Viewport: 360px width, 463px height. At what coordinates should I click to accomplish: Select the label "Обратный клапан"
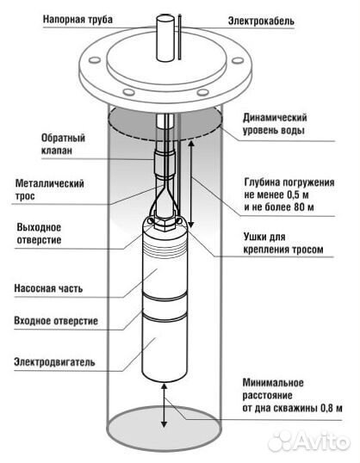[x=63, y=143]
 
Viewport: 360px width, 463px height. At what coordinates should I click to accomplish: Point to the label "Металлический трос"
[x=52, y=189]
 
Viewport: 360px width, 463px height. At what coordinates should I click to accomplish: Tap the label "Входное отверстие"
[x=55, y=321]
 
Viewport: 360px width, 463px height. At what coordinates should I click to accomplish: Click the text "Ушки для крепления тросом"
[x=282, y=243]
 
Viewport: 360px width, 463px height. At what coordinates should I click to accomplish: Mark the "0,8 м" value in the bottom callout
[x=326, y=407]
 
